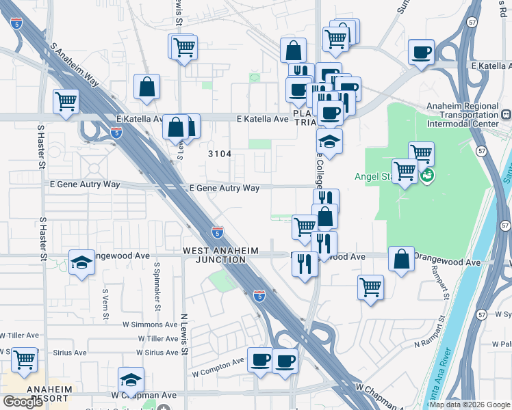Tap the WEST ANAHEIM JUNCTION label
pyautogui.click(x=220, y=255)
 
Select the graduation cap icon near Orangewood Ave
pyautogui.click(x=81, y=262)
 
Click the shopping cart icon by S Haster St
pyautogui.click(x=66, y=102)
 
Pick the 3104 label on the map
pyautogui.click(x=220, y=154)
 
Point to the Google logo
pyautogui.click(x=23, y=402)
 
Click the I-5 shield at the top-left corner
pyautogui.click(x=16, y=23)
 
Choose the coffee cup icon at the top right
pyautogui.click(x=421, y=52)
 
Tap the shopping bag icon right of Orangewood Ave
pyautogui.click(x=402, y=260)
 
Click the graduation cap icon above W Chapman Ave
pyautogui.click(x=131, y=379)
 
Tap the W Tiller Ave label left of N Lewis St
pyautogui.click(x=157, y=338)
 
